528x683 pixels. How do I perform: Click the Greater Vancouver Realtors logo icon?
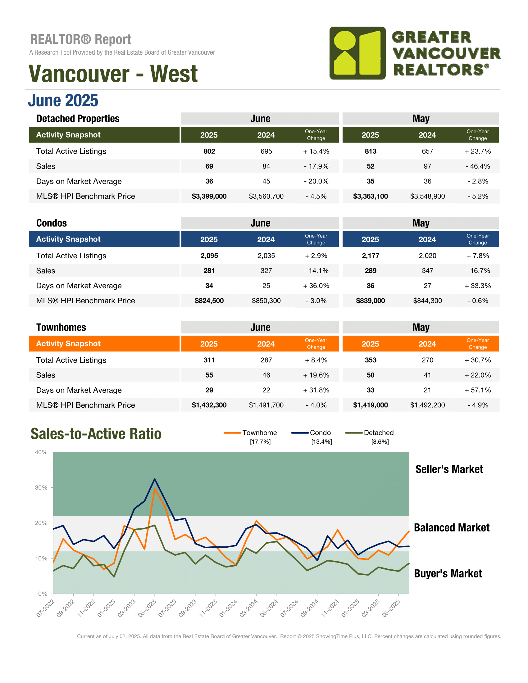pos(357,53)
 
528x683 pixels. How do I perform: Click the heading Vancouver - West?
pos(113,74)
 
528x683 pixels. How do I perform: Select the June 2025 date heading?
pos(63,100)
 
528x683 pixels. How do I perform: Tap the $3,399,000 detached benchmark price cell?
pos(209,197)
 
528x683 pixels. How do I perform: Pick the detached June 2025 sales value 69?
pos(209,166)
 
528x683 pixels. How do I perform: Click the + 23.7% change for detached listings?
pos(478,152)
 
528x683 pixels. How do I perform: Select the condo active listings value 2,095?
pos(209,256)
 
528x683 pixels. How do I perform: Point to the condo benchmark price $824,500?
pos(209,301)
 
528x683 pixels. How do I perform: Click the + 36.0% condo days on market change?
pos(316,286)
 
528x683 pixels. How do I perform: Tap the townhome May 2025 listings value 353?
pos(370,360)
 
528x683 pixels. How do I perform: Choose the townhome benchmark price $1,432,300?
pos(209,405)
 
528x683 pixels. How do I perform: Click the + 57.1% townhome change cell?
pos(478,390)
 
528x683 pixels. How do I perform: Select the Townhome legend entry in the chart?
pos(250,433)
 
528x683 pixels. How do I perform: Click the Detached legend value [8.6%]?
pos(380,442)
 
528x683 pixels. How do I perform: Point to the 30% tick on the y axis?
pos(41,488)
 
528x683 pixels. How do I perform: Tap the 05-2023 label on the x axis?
pos(147,608)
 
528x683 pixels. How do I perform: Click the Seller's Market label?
pos(449,469)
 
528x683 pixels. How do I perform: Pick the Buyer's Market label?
pos(448,573)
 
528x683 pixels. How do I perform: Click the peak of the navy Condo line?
pos(155,479)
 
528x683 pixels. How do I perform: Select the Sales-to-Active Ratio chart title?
pos(96,434)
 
